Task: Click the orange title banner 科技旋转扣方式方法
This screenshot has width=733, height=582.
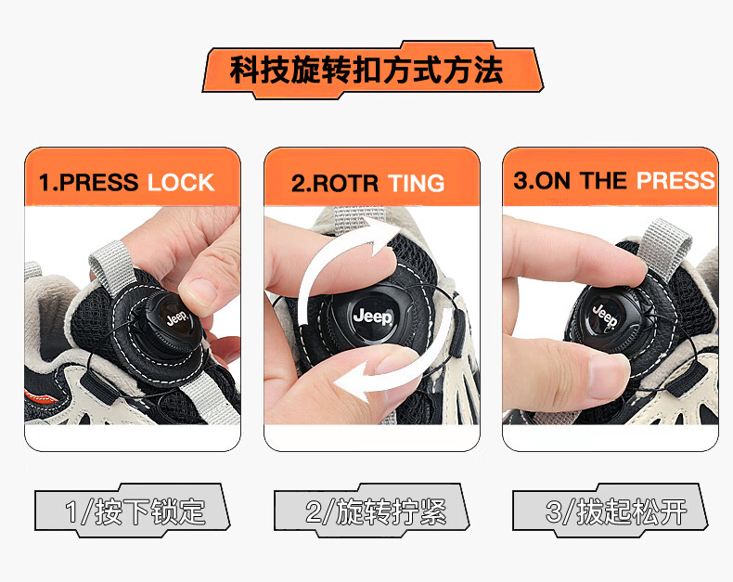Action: pyautogui.click(x=373, y=71)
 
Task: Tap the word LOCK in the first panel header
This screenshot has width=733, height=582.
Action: pyautogui.click(x=181, y=183)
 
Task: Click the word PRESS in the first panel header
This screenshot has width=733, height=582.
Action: pyautogui.click(x=98, y=183)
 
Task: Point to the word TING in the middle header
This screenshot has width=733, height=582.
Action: pyautogui.click(x=416, y=184)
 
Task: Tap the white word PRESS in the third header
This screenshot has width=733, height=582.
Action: pyautogui.click(x=675, y=181)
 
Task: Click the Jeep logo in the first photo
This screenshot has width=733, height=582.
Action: pyautogui.click(x=177, y=318)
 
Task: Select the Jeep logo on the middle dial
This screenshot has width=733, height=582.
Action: pyautogui.click(x=373, y=317)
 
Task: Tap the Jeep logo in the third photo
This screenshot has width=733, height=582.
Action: pyautogui.click(x=605, y=316)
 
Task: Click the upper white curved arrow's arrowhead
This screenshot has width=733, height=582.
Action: pyautogui.click(x=382, y=236)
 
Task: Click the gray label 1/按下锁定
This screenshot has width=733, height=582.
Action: pyautogui.click(x=133, y=511)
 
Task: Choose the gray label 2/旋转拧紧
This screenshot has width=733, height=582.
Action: pyautogui.click(x=372, y=511)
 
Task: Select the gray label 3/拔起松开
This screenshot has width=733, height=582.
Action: pyautogui.click(x=610, y=511)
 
